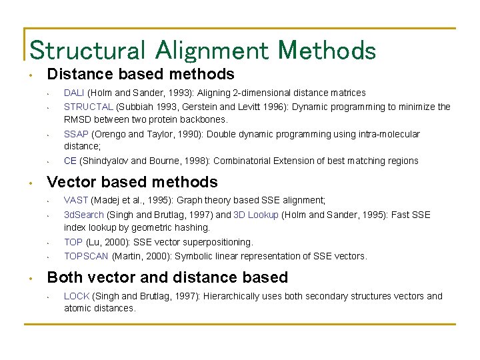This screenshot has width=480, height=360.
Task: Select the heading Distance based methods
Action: [141, 74]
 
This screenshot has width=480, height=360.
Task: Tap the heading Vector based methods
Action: [132, 182]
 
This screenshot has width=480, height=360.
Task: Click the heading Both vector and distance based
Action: [167, 277]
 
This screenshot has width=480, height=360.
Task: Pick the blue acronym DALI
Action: [74, 93]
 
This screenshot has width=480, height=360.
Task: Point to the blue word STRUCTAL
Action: [89, 107]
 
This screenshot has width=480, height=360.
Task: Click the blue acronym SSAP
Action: [76, 134]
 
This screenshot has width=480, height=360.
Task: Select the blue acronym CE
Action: [70, 161]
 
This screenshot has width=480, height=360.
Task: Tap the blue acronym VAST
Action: [76, 200]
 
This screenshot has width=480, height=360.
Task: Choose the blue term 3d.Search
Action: [84, 215]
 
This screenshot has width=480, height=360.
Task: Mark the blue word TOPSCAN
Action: [86, 256]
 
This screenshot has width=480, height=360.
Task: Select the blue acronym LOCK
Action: [76, 296]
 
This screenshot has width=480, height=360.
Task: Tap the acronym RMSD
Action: [78, 120]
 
